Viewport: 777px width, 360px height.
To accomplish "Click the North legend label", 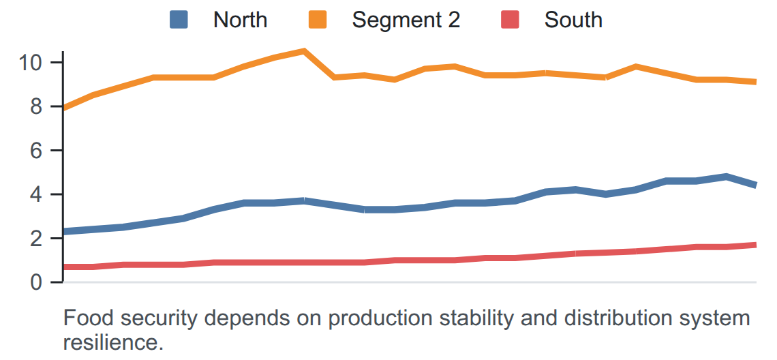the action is point(240,20).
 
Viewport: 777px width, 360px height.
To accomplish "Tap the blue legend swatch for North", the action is point(179,20).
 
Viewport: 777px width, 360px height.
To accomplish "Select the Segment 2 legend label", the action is point(406,20).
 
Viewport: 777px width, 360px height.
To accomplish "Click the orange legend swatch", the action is point(318,20).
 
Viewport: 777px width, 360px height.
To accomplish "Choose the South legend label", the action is point(573,20).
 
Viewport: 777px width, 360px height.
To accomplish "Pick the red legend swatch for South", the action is point(510,20).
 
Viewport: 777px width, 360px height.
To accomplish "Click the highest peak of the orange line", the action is point(304,50).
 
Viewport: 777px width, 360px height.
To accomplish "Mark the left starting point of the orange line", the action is point(63,107).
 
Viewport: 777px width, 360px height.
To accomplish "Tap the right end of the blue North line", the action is point(756,185).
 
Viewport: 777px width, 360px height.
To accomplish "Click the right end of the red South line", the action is point(756,245).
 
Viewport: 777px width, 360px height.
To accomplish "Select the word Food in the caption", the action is point(84,318).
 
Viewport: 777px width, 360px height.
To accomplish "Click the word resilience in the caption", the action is point(113,343).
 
